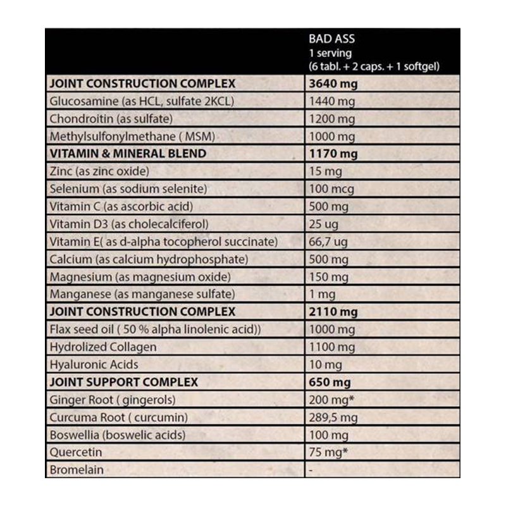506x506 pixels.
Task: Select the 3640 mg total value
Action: tap(332, 83)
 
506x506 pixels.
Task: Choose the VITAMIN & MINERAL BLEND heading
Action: tap(127, 154)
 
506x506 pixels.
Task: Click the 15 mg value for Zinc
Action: tap(325, 171)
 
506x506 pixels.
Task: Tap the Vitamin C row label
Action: tap(120, 207)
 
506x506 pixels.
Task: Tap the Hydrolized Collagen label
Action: tap(102, 347)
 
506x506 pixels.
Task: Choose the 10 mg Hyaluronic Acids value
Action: tap(325, 365)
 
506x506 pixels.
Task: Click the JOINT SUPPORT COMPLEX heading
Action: tap(123, 382)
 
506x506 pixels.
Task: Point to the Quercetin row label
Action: tap(75, 453)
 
